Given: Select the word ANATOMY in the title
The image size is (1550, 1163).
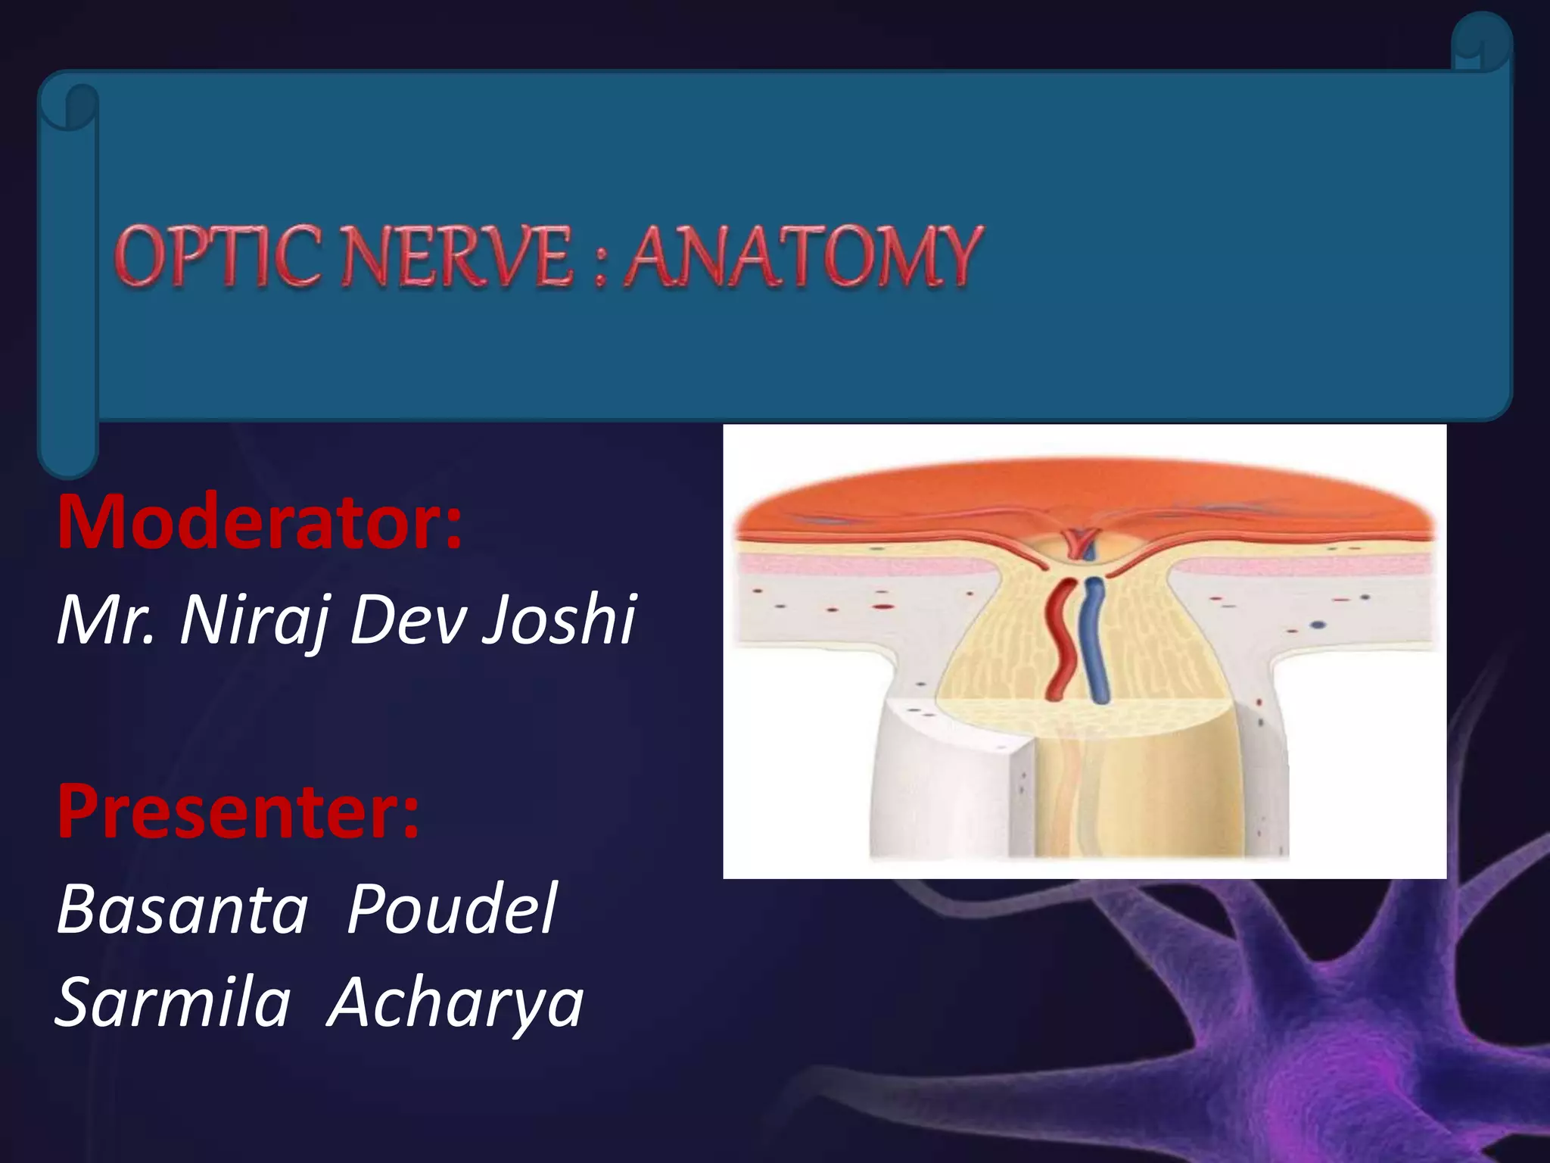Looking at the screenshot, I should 804,257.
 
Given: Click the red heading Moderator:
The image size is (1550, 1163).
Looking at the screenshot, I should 260,522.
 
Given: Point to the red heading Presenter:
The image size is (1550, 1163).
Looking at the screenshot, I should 238,812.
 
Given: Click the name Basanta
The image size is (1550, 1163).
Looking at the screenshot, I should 182,909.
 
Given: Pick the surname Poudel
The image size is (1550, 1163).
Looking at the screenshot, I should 452,909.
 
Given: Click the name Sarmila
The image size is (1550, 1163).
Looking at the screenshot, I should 173,1002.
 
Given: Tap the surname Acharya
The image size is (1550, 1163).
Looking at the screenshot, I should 455,1004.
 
